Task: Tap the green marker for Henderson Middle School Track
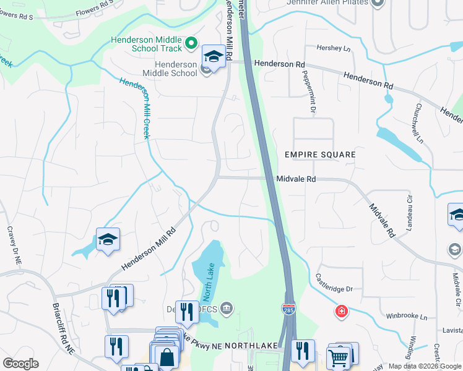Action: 191,43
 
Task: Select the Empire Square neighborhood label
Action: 320,154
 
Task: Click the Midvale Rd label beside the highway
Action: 296,179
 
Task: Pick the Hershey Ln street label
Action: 333,48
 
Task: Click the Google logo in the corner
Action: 21,364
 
